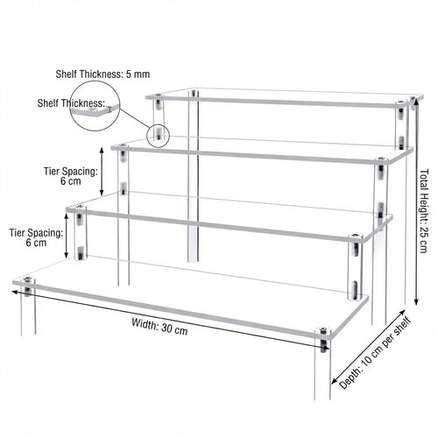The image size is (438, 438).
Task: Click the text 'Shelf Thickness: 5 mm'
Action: [x=102, y=74]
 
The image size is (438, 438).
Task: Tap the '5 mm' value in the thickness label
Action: [x=138, y=74]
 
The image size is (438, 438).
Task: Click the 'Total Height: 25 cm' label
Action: [x=424, y=211]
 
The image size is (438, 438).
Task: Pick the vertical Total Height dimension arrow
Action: [x=417, y=201]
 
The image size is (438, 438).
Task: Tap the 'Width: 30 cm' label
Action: [x=159, y=327]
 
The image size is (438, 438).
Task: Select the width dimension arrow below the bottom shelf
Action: [x=170, y=320]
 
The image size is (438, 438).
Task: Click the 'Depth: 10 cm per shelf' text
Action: [x=375, y=352]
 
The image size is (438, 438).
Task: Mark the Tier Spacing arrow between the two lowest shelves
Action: [x=67, y=236]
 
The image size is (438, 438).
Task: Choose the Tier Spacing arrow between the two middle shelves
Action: [x=102, y=172]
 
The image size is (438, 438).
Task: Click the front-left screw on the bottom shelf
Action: [x=28, y=279]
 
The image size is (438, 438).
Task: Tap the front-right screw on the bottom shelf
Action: [x=323, y=331]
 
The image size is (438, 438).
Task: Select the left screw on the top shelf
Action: [x=158, y=95]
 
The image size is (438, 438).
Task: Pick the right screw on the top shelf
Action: [x=400, y=102]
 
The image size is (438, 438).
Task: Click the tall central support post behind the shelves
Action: [x=193, y=176]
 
